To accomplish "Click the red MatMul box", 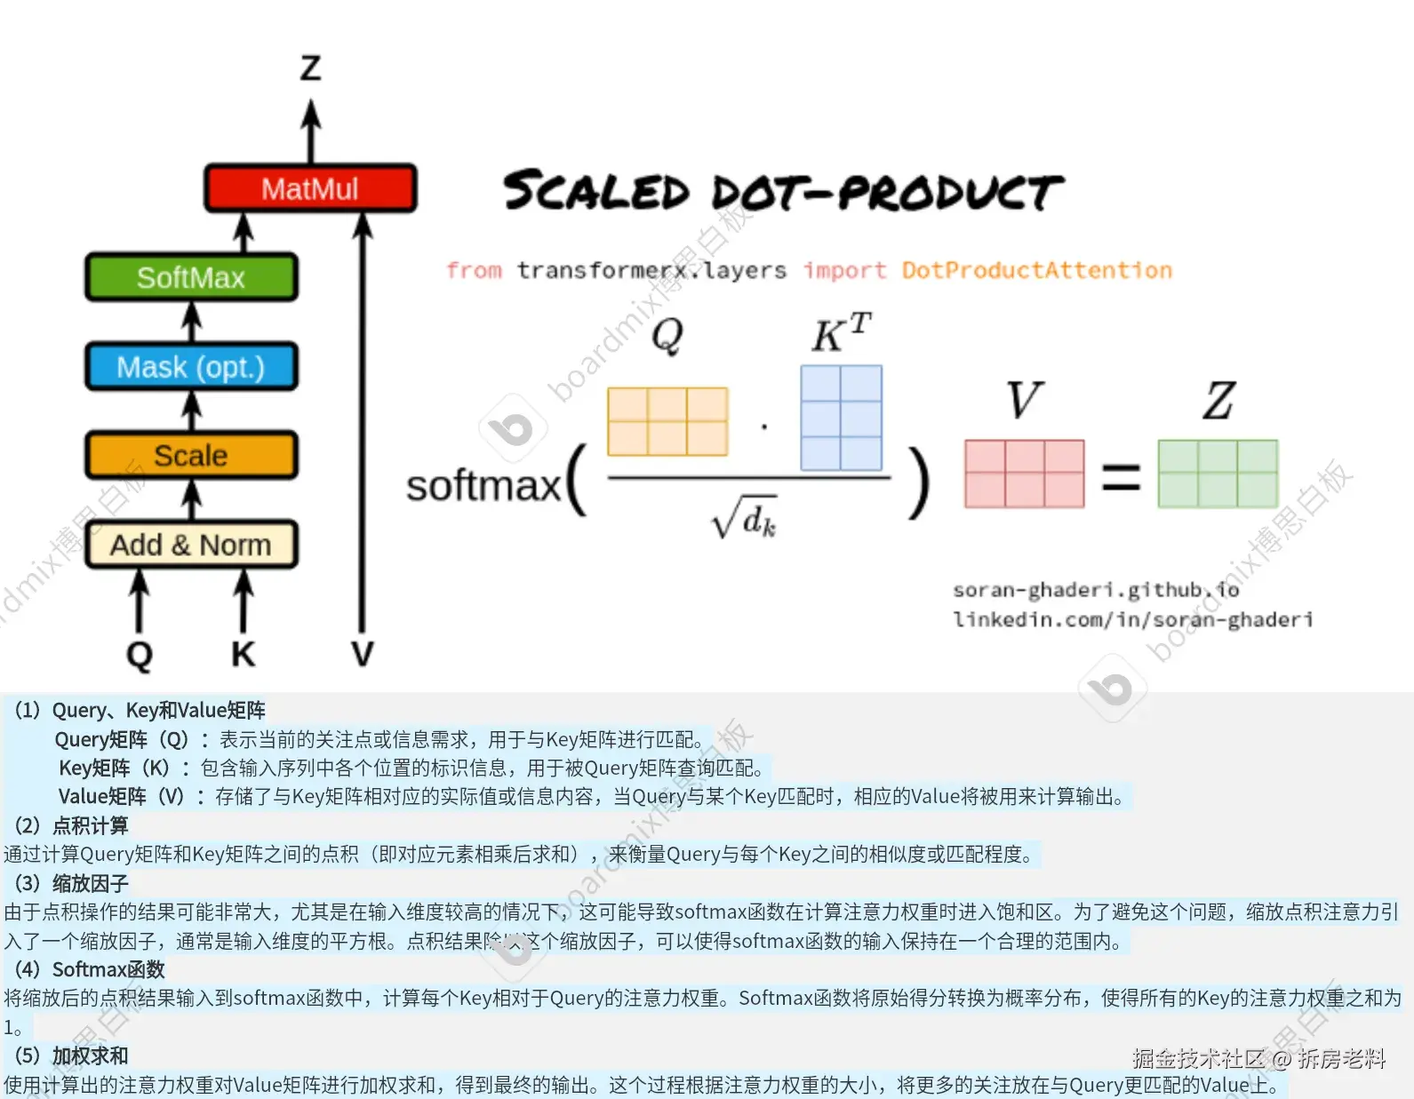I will coord(310,188).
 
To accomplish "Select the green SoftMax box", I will coord(191,277).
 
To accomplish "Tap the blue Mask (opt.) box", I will coord(191,366).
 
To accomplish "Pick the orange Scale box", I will coord(191,455).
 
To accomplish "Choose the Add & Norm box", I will coord(191,544).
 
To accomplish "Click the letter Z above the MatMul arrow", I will coord(310,68).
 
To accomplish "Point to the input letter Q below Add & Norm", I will coord(140,655).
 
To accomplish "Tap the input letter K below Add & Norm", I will coord(243,655).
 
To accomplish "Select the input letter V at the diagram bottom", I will coord(362,655).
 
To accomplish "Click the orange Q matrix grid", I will coord(667,421).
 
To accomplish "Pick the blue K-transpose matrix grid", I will coord(841,418).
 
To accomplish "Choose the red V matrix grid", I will coord(1024,474).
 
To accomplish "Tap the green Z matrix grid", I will coord(1218,474).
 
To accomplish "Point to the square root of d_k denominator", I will coord(745,517).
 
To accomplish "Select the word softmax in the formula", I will coord(483,486).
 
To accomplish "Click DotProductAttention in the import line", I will coord(1036,270).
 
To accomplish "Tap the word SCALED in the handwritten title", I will coord(596,192).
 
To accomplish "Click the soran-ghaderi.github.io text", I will coord(1095,590).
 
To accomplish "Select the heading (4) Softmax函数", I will coord(90,969).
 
